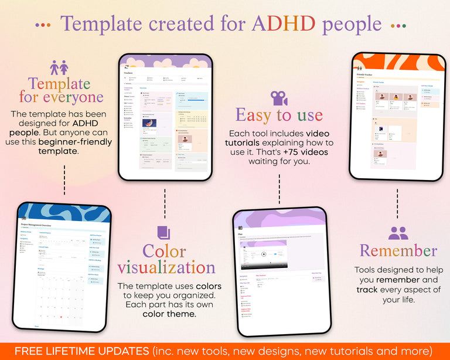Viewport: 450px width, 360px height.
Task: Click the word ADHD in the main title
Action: [284, 24]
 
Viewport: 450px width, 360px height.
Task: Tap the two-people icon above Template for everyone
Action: [59, 67]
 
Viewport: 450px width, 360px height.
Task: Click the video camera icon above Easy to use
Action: [279, 97]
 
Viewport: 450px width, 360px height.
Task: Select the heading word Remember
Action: [398, 251]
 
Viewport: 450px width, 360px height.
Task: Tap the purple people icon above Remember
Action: [398, 233]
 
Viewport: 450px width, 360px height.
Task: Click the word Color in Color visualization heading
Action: [164, 251]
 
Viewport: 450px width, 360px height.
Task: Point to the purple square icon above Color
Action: [164, 232]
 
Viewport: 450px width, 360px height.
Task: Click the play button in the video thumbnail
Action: [264, 254]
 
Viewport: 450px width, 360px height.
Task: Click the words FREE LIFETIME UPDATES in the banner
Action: [81, 351]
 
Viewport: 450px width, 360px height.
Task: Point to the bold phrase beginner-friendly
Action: [74, 142]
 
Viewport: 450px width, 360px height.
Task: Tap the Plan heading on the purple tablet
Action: [241, 233]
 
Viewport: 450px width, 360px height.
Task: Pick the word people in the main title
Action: [352, 24]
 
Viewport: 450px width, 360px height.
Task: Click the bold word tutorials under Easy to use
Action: [245, 142]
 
